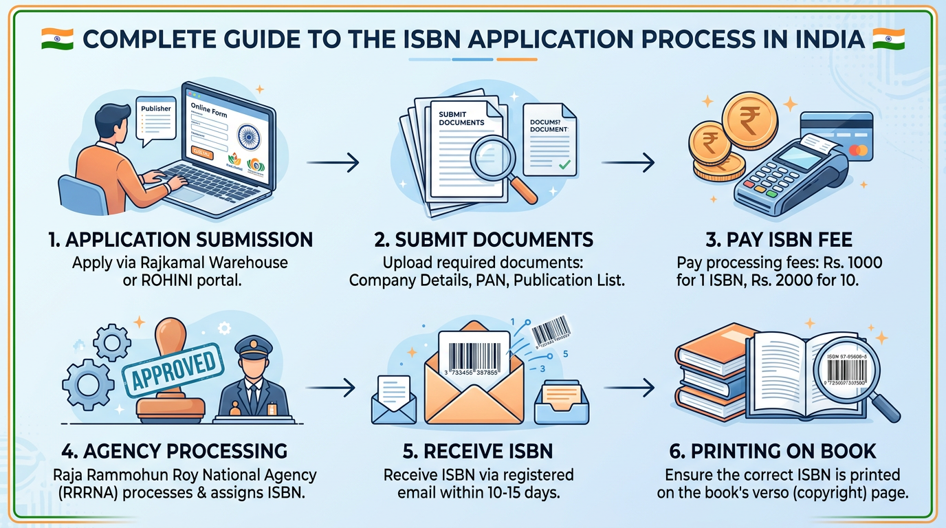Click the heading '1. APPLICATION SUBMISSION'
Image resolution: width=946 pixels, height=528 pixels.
(x=181, y=239)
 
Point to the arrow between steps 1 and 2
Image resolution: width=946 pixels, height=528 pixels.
(x=332, y=163)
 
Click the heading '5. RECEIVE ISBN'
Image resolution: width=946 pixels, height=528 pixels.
(x=478, y=451)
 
